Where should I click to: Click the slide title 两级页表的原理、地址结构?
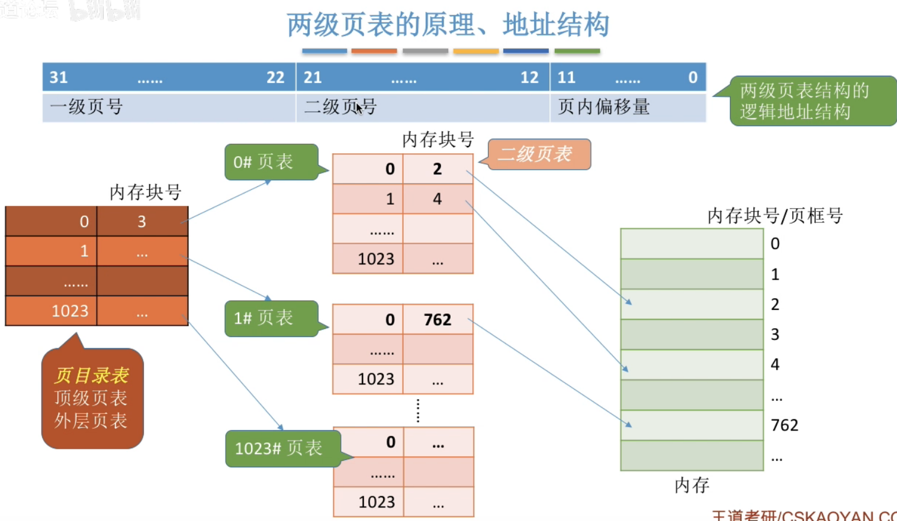click(448, 25)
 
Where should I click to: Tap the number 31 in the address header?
click(59, 77)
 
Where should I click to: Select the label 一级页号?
click(86, 107)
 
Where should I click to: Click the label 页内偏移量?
click(603, 107)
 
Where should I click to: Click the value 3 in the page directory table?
click(142, 222)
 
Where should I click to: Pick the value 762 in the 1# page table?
click(438, 320)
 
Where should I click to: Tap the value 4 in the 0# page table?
click(437, 199)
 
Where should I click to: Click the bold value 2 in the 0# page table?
click(437, 169)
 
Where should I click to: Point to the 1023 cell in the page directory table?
click(70, 311)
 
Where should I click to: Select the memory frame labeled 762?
click(692, 425)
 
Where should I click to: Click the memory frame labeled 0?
click(692, 244)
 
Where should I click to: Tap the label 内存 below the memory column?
click(692, 486)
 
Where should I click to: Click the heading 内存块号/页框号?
click(774, 216)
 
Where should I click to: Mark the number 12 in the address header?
click(529, 77)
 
